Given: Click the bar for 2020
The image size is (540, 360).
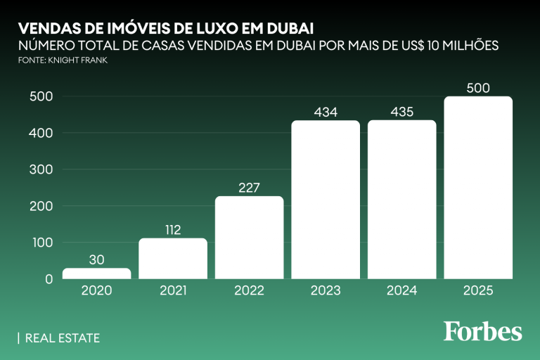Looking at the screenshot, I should coord(97,274).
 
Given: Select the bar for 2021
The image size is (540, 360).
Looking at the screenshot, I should coord(173,259).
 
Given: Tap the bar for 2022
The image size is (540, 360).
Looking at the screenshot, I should coord(250,238).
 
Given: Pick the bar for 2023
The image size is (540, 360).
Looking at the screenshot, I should coord(326,200).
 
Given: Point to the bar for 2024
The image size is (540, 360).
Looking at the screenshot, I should coord(402,200).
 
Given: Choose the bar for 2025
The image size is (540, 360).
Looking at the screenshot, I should coord(478,188).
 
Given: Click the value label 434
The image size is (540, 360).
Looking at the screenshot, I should coord(326,112).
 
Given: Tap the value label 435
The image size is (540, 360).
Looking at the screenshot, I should coord(402,112).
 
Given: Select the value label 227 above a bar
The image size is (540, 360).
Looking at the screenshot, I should coord(250,188).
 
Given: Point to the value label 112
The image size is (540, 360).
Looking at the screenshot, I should coord(173,230).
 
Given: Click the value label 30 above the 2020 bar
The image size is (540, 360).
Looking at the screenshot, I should coord(97,259).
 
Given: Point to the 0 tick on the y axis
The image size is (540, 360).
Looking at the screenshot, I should coord(49,279).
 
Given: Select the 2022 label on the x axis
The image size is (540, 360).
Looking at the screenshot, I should coord(250,290).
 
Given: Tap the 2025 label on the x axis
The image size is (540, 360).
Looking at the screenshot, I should coord(478,290).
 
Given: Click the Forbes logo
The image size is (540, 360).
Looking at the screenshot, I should coord(482,330).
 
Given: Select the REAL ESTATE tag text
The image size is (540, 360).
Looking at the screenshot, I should coord(62,338).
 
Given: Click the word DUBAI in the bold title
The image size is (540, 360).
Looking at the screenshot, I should coord(287,28).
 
